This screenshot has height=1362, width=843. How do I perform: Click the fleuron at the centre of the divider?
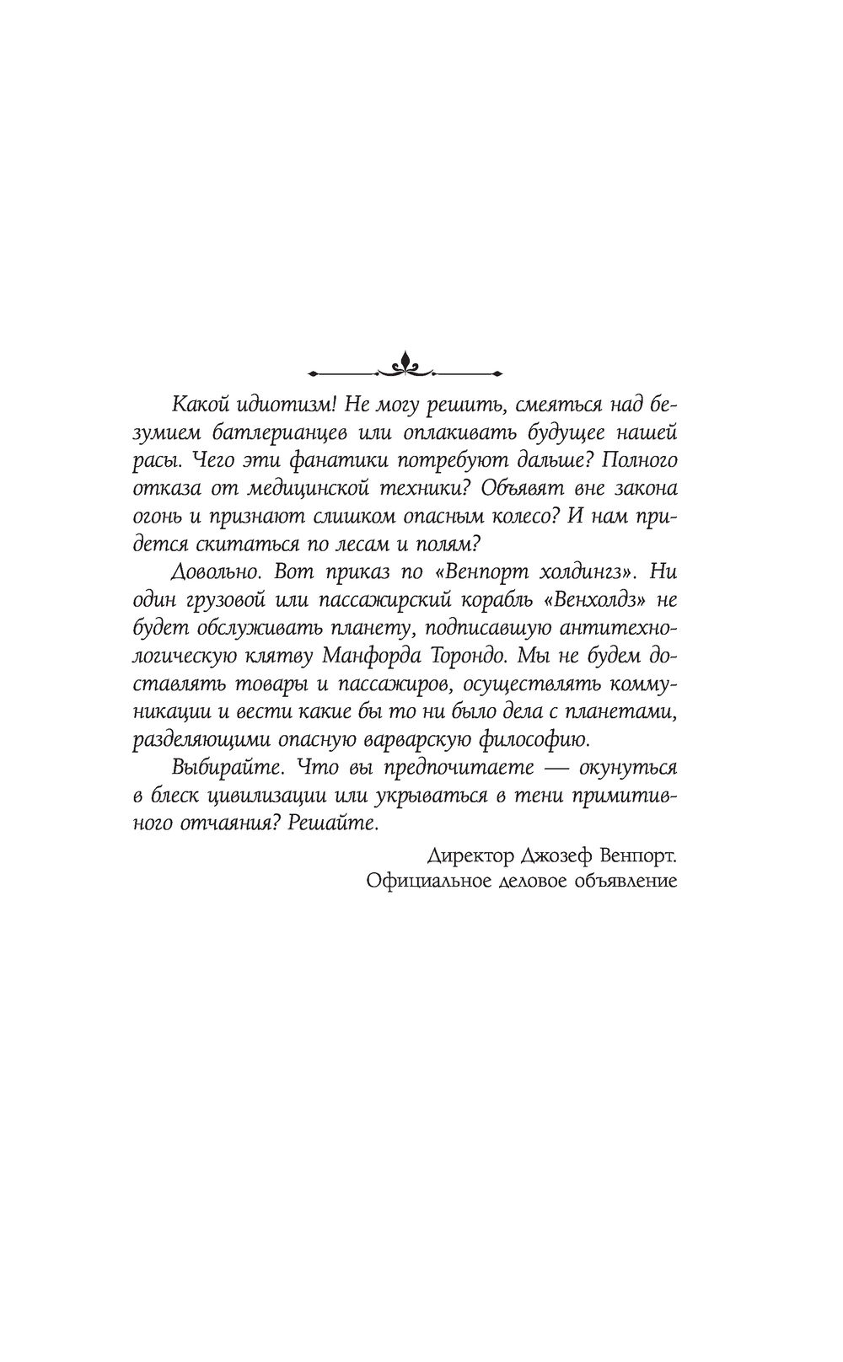406,363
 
